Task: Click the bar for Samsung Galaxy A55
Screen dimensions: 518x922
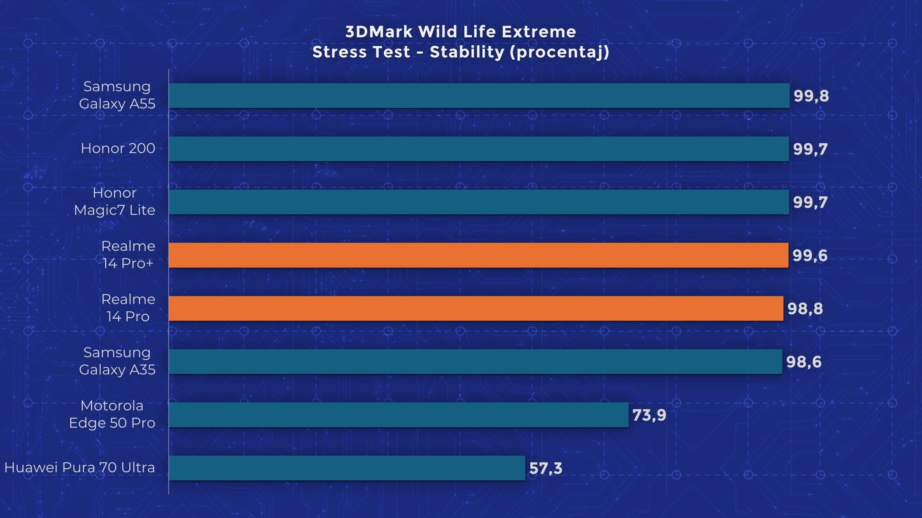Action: pyautogui.click(x=479, y=95)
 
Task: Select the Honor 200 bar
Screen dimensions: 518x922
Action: pyautogui.click(x=479, y=149)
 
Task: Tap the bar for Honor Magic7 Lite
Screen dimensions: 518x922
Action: pyautogui.click(x=479, y=202)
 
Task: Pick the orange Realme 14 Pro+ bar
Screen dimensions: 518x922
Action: pyautogui.click(x=478, y=255)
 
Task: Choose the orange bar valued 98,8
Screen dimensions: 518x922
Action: pyautogui.click(x=476, y=308)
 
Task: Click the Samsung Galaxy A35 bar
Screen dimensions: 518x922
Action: pyautogui.click(x=475, y=361)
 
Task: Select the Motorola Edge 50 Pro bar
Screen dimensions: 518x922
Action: pyautogui.click(x=398, y=415)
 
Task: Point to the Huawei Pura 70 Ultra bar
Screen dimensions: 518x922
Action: pyautogui.click(x=347, y=468)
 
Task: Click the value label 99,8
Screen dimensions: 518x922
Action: pyautogui.click(x=811, y=96)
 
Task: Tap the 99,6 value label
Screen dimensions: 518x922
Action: pyautogui.click(x=810, y=256)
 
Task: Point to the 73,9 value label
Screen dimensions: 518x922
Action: pyautogui.click(x=649, y=416)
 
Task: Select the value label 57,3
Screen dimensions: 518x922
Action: pyautogui.click(x=545, y=469)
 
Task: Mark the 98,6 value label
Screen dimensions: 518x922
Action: pyautogui.click(x=804, y=362)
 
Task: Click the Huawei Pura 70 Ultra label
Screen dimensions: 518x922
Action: pyautogui.click(x=80, y=468)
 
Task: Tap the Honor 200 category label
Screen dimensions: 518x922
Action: pyautogui.click(x=118, y=148)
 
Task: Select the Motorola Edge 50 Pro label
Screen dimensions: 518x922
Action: pyautogui.click(x=112, y=414)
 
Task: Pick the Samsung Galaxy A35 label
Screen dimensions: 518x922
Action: pyautogui.click(x=117, y=361)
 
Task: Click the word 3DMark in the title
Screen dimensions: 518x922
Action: pyautogui.click(x=379, y=32)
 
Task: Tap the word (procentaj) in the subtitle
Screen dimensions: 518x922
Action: pyautogui.click(x=559, y=52)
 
